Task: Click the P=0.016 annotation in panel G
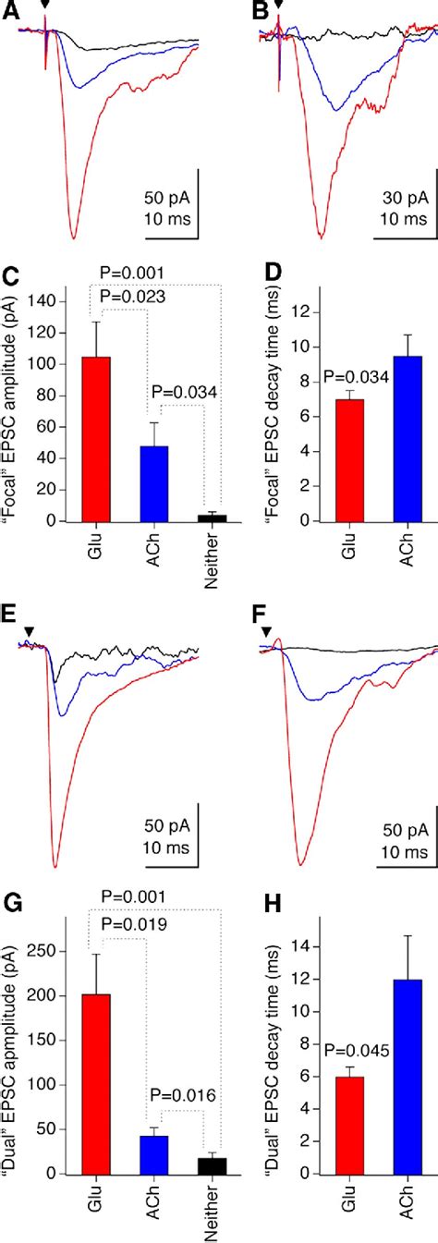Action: click(185, 1095)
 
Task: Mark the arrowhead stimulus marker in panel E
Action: click(29, 631)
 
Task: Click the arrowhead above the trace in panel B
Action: click(278, 6)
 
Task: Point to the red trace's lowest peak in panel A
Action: click(73, 238)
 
